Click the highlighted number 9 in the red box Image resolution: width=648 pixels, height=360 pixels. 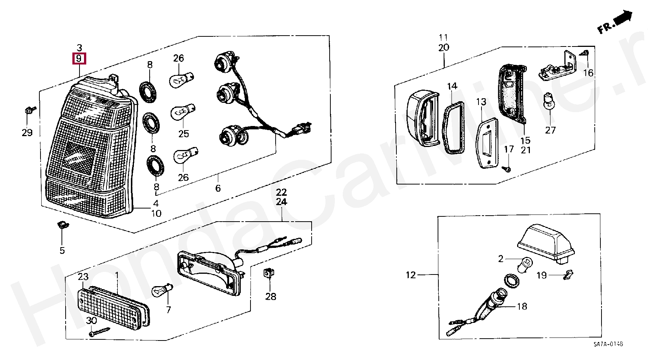coord(79,59)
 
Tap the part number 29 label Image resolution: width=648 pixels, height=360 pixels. coord(27,132)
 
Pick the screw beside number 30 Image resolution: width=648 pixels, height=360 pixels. coord(100,332)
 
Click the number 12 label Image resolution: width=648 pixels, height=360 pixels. coord(411,275)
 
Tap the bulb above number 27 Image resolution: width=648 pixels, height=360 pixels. coord(549,101)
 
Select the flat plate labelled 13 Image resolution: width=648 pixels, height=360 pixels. coord(486,142)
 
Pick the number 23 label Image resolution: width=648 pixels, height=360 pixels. coord(83,277)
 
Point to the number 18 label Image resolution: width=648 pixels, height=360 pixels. coord(522,306)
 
